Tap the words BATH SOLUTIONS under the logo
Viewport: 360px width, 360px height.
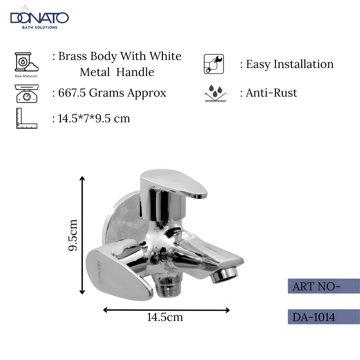[x=39, y=27]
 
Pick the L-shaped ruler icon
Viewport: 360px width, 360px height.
[x=26, y=118]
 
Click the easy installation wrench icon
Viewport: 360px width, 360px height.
[x=214, y=64]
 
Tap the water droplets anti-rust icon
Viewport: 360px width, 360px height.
[x=215, y=93]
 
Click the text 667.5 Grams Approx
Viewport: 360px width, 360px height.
[x=112, y=93]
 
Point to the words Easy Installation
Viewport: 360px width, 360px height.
[x=289, y=64]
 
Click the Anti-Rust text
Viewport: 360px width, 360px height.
[x=271, y=93]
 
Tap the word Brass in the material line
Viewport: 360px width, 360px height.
[x=70, y=56]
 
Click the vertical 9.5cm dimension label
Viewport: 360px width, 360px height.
[x=73, y=235]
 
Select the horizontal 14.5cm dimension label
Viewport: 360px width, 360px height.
[x=165, y=317]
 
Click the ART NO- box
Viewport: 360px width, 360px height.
[x=323, y=286]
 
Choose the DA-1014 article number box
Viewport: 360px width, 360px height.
[x=323, y=317]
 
